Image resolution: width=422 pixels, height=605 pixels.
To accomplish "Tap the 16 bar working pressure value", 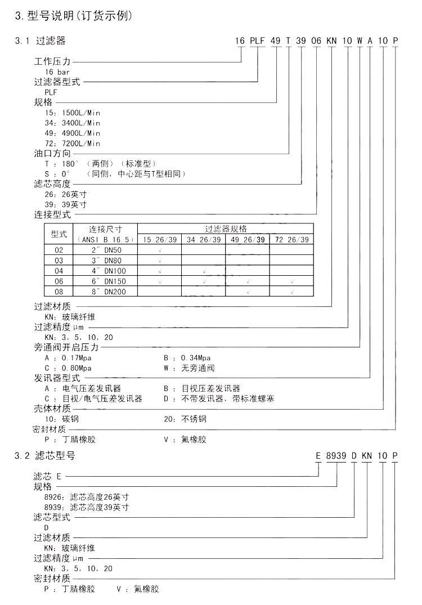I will [x=57, y=71].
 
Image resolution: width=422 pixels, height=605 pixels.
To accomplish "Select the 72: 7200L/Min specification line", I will [x=72, y=143].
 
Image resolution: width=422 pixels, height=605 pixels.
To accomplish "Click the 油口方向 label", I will [x=52, y=153].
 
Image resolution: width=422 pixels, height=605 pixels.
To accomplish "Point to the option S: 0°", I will [x=56, y=173].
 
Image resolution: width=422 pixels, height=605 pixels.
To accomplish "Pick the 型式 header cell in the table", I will [x=59, y=234].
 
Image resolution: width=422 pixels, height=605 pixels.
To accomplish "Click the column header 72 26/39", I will [x=291, y=239].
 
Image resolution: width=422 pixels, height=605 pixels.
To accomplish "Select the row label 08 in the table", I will [x=59, y=291].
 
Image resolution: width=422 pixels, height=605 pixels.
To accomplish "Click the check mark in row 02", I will [x=160, y=250].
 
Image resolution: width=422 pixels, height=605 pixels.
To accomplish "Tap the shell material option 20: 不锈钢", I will [x=185, y=419].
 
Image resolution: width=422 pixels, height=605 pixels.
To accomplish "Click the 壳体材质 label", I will [x=52, y=409].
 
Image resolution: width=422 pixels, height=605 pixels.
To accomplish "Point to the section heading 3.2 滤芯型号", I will [x=44, y=455].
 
